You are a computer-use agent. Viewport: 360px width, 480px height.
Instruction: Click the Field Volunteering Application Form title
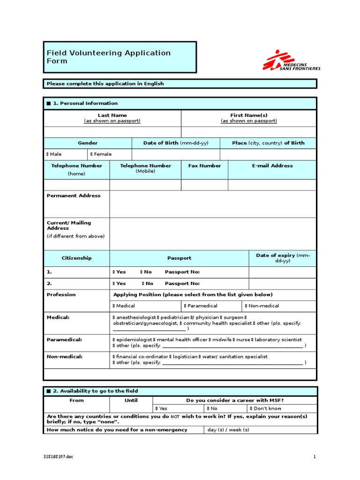[108, 57]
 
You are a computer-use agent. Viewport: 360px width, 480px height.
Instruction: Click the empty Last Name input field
[112, 132]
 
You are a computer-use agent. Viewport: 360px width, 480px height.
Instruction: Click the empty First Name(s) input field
[248, 132]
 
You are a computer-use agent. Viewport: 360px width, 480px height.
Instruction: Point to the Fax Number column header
[204, 166]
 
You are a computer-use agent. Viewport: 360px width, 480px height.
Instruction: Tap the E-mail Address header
[272, 166]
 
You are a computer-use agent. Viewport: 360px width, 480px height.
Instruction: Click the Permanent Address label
[74, 196]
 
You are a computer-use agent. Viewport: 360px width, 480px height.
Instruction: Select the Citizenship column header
[76, 258]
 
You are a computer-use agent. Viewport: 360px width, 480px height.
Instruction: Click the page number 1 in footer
[315, 457]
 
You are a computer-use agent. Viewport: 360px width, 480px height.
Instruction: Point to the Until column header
[131, 400]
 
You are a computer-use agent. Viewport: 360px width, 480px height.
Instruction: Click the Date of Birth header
[175, 143]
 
